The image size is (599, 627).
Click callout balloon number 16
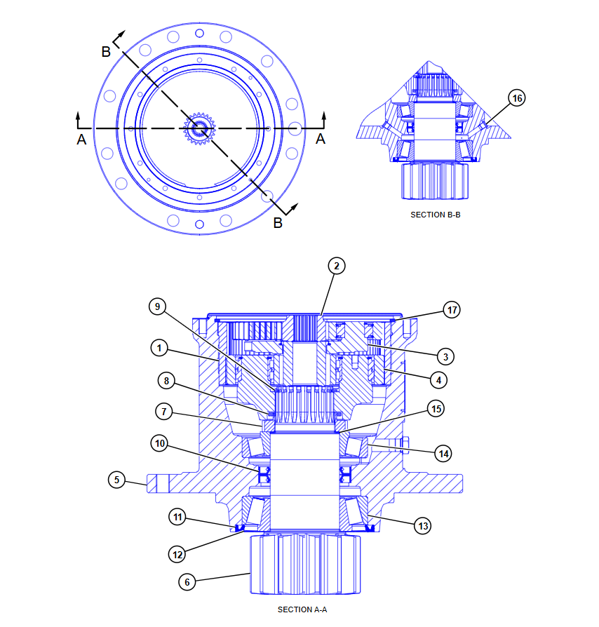pyautogui.click(x=517, y=98)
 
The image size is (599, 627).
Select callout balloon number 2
pyautogui.click(x=336, y=266)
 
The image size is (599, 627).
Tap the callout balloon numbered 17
pyautogui.click(x=452, y=310)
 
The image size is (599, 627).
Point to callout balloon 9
pyautogui.click(x=158, y=306)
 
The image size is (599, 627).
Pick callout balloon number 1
pyautogui.click(x=159, y=348)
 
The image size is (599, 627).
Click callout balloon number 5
pyautogui.click(x=116, y=480)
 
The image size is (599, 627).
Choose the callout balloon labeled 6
pyautogui.click(x=187, y=582)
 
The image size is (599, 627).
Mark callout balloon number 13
pyautogui.click(x=423, y=526)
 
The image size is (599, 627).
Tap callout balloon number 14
pyautogui.click(x=443, y=454)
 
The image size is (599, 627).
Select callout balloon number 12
pyautogui.click(x=177, y=555)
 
